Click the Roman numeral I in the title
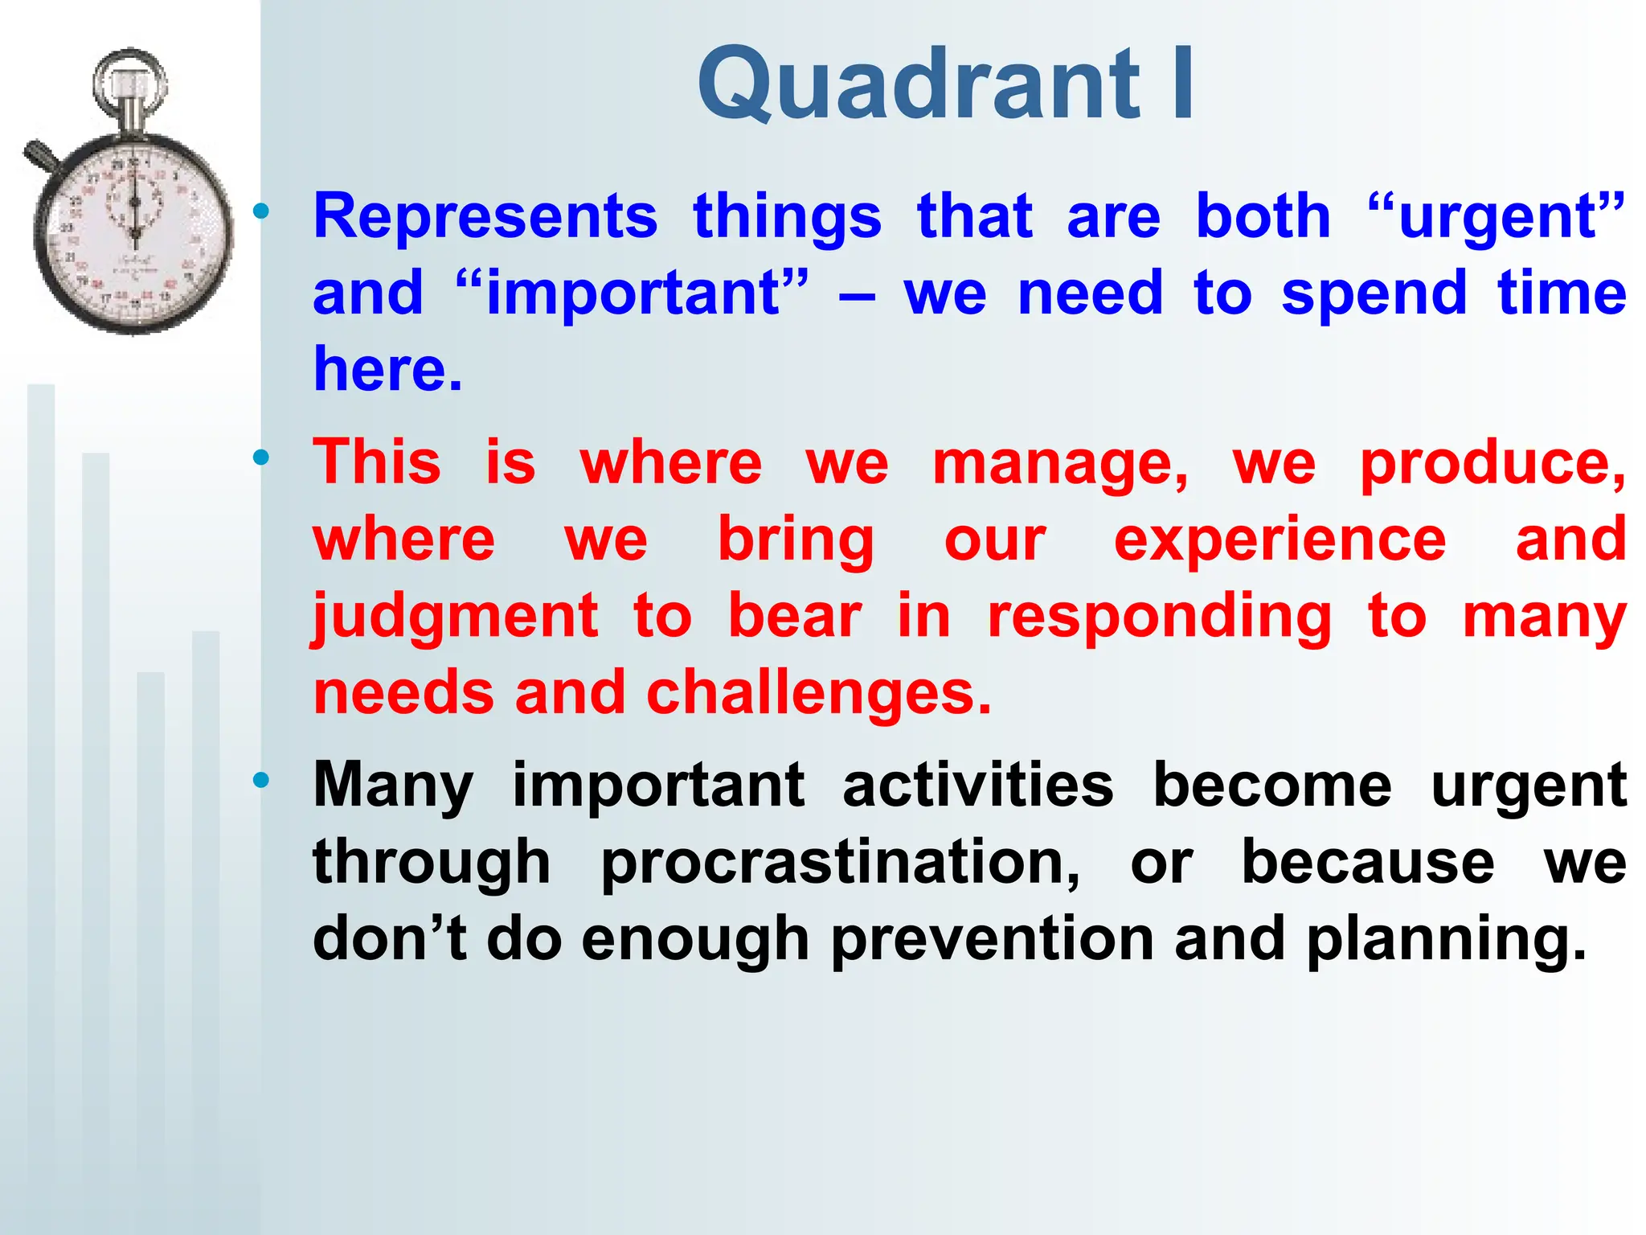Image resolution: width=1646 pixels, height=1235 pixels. [x=1182, y=83]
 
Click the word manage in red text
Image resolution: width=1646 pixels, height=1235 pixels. [x=1059, y=463]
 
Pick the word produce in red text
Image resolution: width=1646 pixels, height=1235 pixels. [x=1492, y=463]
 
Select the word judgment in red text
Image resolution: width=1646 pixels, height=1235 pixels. [x=455, y=616]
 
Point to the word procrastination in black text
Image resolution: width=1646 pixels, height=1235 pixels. [x=840, y=862]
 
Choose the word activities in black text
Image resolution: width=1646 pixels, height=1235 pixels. [x=977, y=785]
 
